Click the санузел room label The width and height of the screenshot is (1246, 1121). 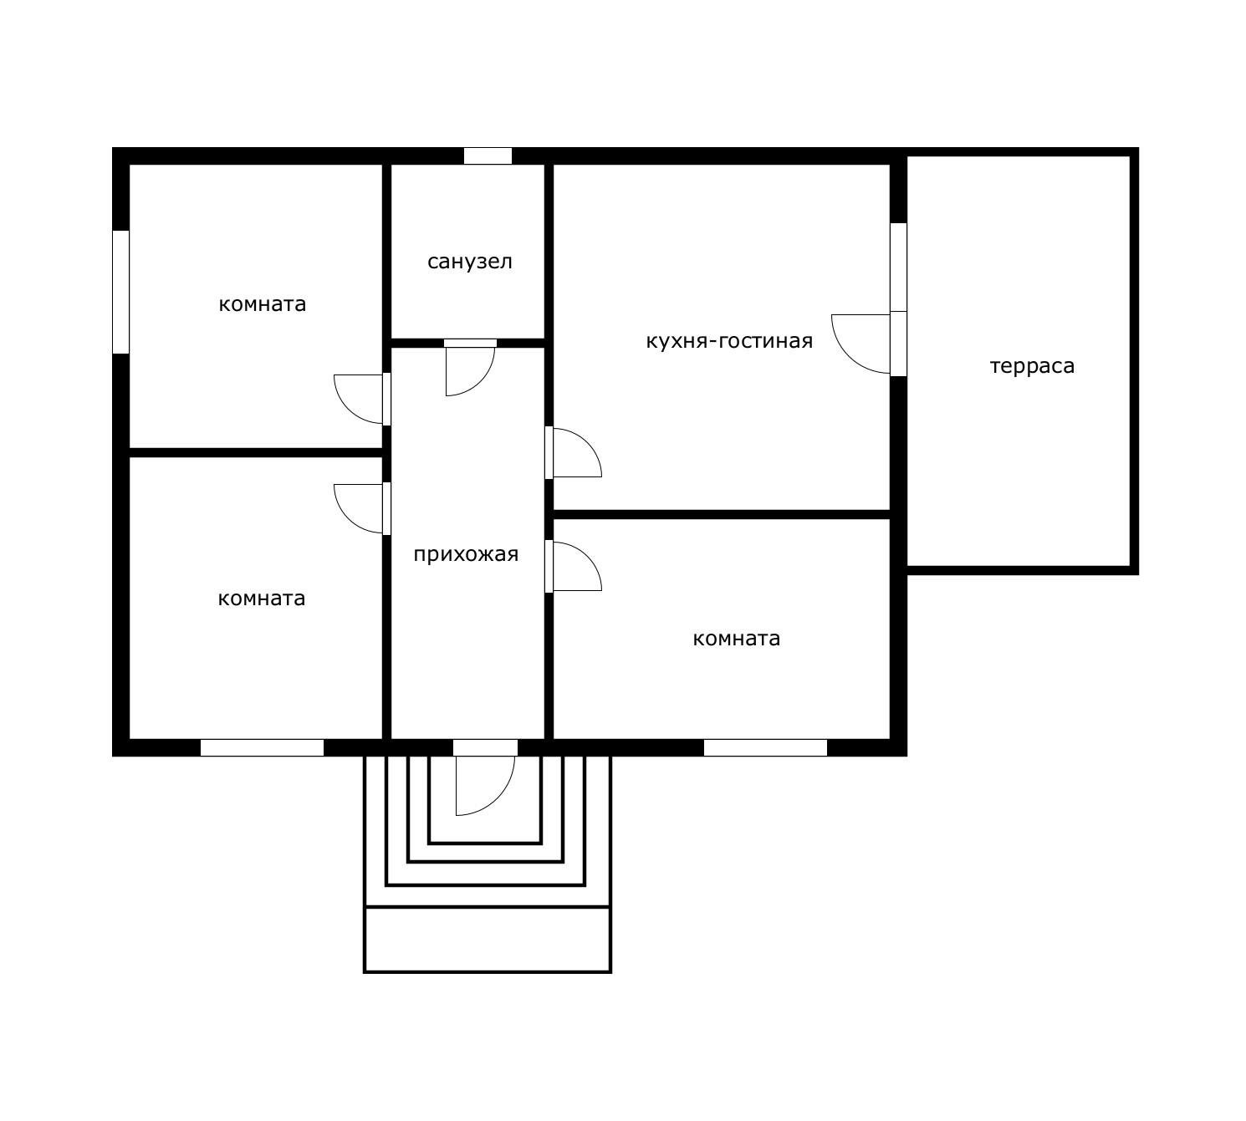pos(470,262)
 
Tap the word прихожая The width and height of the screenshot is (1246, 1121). pos(466,554)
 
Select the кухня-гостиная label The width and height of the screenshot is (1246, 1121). pos(729,341)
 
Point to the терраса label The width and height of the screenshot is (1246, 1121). pos(1032,366)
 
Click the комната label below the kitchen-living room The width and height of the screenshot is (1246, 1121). pos(736,639)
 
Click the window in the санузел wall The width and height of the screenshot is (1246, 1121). pos(488,155)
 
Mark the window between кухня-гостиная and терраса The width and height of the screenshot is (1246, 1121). pos(898,267)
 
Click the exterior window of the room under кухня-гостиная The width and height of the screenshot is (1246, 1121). pos(765,747)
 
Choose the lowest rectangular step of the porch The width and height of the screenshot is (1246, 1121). pos(488,939)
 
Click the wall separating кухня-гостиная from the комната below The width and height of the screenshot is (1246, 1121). pos(722,514)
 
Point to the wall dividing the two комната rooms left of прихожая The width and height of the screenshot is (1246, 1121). pos(255,453)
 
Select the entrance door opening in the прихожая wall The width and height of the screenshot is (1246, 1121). pos(485,747)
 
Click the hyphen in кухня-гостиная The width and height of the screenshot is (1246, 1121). pos(714,342)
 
